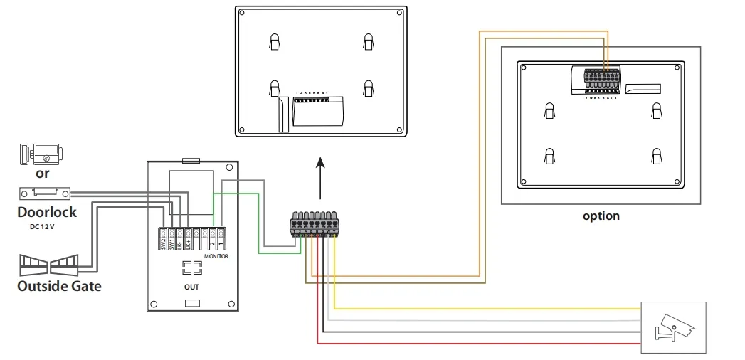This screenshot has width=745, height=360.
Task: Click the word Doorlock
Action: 47,212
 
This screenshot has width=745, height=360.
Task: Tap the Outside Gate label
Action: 59,286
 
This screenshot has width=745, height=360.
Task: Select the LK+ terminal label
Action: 188,243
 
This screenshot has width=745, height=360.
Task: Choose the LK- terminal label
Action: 179,243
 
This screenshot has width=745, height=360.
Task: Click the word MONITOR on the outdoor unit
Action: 216,256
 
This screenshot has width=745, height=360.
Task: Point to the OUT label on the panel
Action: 191,287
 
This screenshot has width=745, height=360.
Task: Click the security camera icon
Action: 673,327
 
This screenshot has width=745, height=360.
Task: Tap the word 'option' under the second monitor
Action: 601,216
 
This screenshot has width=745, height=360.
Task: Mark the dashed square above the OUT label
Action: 191,268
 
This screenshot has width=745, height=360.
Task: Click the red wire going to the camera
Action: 477,343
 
